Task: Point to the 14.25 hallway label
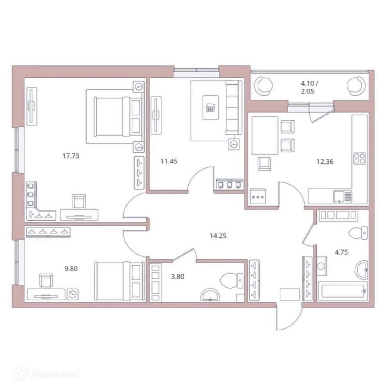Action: pyautogui.click(x=218, y=236)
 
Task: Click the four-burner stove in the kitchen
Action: pyautogui.click(x=359, y=158)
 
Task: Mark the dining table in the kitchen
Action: pyautogui.click(x=265, y=135)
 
